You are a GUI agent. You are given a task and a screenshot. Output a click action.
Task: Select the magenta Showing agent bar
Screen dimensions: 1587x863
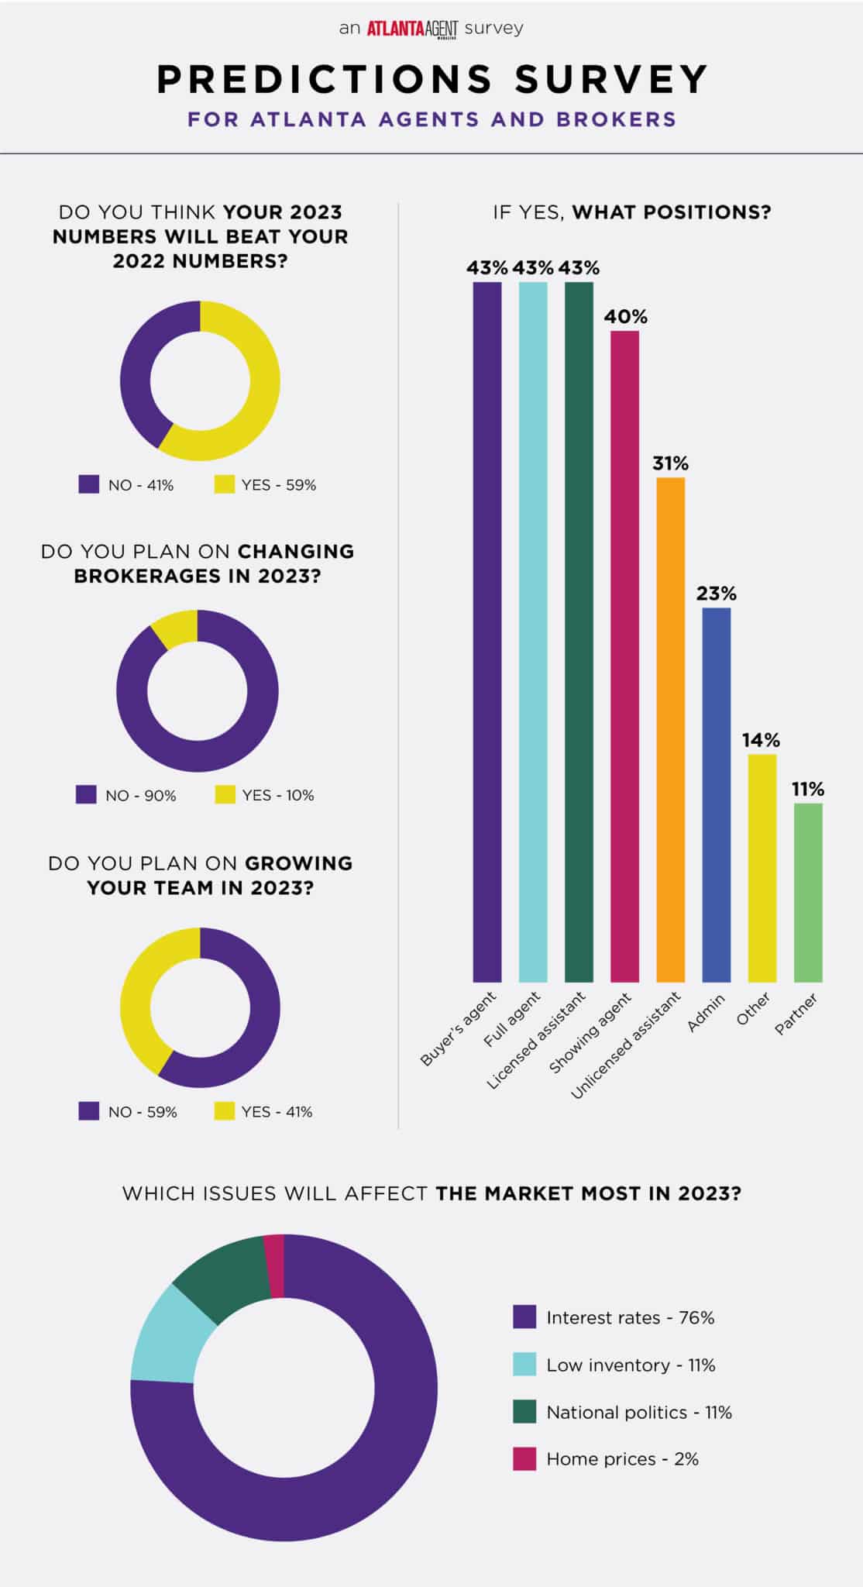tap(624, 656)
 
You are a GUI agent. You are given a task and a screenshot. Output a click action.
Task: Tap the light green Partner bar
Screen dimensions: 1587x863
tap(808, 892)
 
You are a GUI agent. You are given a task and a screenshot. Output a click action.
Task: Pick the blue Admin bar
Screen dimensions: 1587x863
tap(716, 794)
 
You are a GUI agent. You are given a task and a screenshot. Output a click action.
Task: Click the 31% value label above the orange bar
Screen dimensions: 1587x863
tap(670, 463)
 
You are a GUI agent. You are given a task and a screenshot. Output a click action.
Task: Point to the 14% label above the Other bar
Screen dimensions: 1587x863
tap(761, 740)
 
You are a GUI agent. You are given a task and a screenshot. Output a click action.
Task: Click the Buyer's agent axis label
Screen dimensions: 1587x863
tap(459, 1028)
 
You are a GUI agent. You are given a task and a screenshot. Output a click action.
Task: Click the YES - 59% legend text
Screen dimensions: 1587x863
tap(278, 485)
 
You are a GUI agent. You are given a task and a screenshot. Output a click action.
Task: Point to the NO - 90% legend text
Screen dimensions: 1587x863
tap(141, 796)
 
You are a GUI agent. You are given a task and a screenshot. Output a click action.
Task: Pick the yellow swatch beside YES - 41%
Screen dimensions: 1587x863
tap(225, 1111)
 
